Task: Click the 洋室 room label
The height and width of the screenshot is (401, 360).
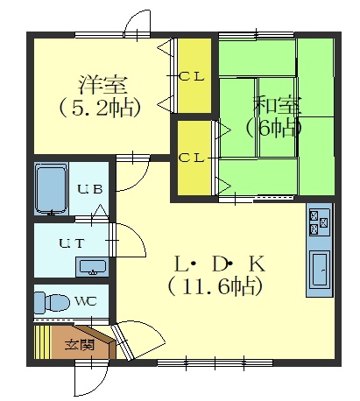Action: (x=102, y=85)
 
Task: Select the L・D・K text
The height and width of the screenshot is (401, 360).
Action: (x=220, y=264)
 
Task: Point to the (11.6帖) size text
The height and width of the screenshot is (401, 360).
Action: (x=215, y=286)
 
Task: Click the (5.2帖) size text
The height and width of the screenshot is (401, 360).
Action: (x=100, y=108)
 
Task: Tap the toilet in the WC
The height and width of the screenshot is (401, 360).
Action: (x=52, y=302)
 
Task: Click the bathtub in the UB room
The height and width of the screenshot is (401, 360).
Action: (x=51, y=189)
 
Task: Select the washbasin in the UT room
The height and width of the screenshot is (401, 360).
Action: (x=93, y=267)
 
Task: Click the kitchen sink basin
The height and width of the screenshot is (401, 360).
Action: (x=320, y=270)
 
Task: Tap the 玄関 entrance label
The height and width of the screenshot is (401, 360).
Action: (x=80, y=345)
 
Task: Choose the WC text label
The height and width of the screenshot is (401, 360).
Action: (x=86, y=301)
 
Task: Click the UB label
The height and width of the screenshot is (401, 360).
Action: (x=90, y=189)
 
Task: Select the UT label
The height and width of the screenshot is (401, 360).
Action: (x=72, y=243)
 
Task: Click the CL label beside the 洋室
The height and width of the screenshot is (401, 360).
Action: (x=191, y=77)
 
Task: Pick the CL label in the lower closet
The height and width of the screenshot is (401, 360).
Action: (x=191, y=158)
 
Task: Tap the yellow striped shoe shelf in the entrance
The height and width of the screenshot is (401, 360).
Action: (x=42, y=342)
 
